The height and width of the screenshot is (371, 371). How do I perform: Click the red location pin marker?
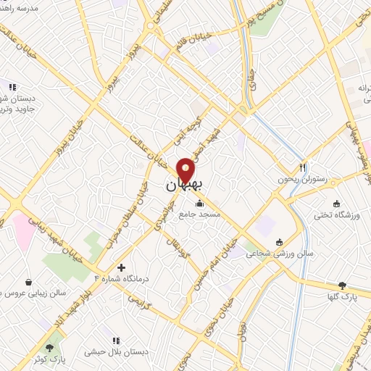click(x=186, y=170)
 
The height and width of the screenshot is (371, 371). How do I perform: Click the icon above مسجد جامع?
click(x=200, y=203)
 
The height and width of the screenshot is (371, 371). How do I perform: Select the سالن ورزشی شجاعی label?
click(x=279, y=254)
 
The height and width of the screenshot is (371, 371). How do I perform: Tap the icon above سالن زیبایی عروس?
click(x=28, y=282)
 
